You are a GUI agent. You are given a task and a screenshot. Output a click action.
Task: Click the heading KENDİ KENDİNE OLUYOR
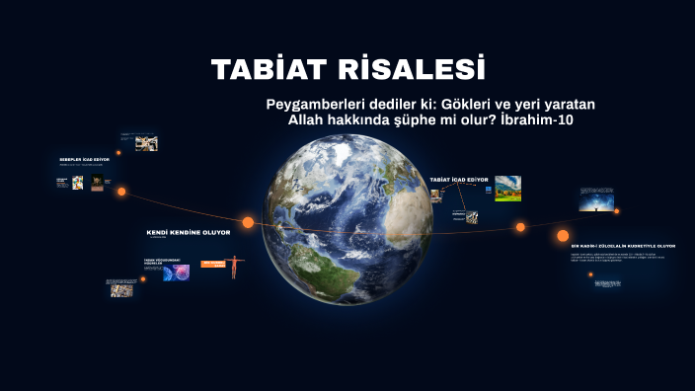point(188,232)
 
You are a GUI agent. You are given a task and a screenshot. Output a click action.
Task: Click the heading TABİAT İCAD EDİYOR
point(458,180)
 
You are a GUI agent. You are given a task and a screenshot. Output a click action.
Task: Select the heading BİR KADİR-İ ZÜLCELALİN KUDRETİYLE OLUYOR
point(623,246)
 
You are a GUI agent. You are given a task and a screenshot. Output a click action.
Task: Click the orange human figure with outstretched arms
point(234,267)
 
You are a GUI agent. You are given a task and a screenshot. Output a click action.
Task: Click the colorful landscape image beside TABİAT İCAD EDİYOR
point(507,188)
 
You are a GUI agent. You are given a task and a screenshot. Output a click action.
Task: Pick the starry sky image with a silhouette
point(596,201)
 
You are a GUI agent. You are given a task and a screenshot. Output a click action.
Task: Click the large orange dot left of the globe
point(248,222)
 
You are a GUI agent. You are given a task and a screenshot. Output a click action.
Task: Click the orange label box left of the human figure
point(214,264)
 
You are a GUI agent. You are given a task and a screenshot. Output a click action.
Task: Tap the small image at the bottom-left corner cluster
point(122,287)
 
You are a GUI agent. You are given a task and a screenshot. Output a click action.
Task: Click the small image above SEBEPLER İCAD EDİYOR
point(145,143)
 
